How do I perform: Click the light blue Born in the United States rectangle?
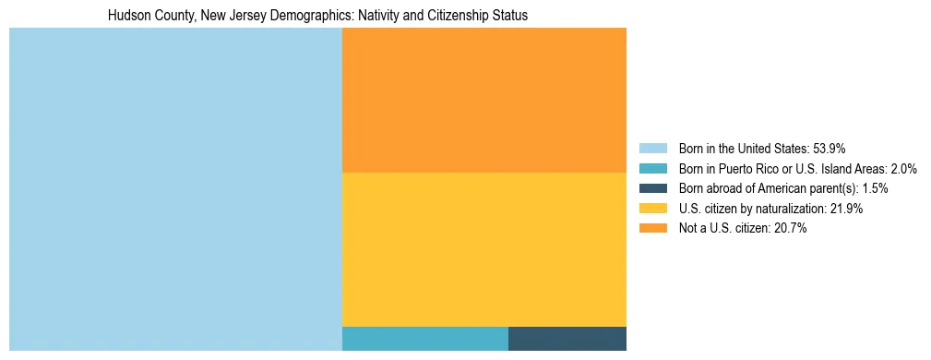point(175,189)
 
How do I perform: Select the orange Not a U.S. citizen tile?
point(483,100)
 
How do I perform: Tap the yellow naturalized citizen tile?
point(483,249)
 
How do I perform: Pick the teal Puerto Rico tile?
point(424,339)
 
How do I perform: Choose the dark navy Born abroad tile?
point(567,339)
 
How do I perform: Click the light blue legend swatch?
point(652,148)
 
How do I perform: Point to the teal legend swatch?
point(652,168)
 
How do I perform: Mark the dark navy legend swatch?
point(652,188)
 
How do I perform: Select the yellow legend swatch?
point(652,209)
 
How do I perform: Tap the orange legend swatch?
point(652,229)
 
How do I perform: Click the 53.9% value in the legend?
point(829,148)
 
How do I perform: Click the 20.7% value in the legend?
point(792,229)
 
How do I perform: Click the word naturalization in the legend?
point(788,209)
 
